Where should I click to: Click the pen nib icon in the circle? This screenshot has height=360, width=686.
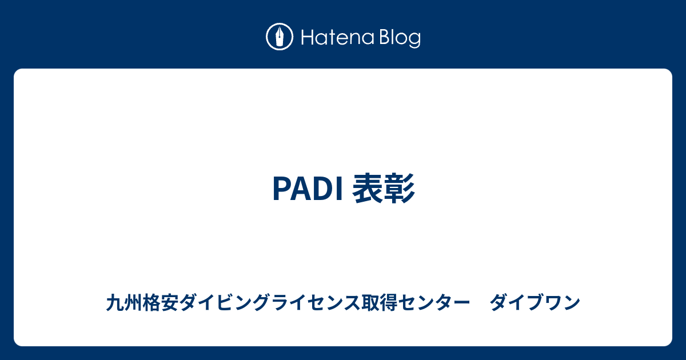280,37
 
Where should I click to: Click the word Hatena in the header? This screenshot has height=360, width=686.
338,38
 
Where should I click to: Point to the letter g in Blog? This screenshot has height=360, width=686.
414,41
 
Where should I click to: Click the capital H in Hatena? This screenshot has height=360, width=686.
307,38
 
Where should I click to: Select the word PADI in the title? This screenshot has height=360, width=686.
308,189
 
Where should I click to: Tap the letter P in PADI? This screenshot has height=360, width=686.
281,189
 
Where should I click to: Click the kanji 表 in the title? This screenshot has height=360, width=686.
368,188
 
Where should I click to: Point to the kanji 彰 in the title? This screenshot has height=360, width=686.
400,188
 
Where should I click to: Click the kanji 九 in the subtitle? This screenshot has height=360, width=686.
115,302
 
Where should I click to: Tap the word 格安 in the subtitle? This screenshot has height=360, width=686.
161,302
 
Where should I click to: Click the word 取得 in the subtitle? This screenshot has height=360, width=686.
380,302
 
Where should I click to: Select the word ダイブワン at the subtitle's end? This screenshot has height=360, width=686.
535,302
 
